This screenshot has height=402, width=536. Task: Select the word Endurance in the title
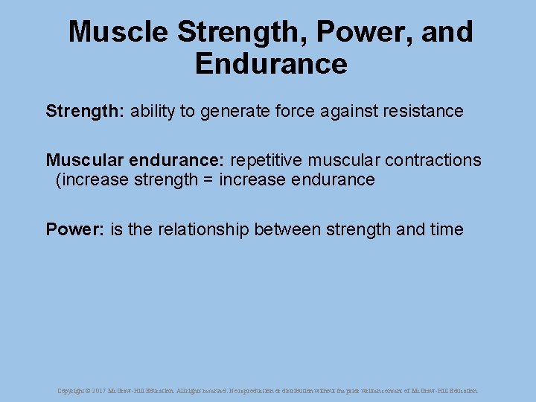271,64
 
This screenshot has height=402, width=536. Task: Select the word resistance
424,112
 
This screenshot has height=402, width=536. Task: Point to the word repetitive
267,161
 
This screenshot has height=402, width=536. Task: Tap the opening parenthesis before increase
59,180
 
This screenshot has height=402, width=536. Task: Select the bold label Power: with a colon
75,229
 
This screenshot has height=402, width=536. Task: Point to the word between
287,229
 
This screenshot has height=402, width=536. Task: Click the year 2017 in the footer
99,390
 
